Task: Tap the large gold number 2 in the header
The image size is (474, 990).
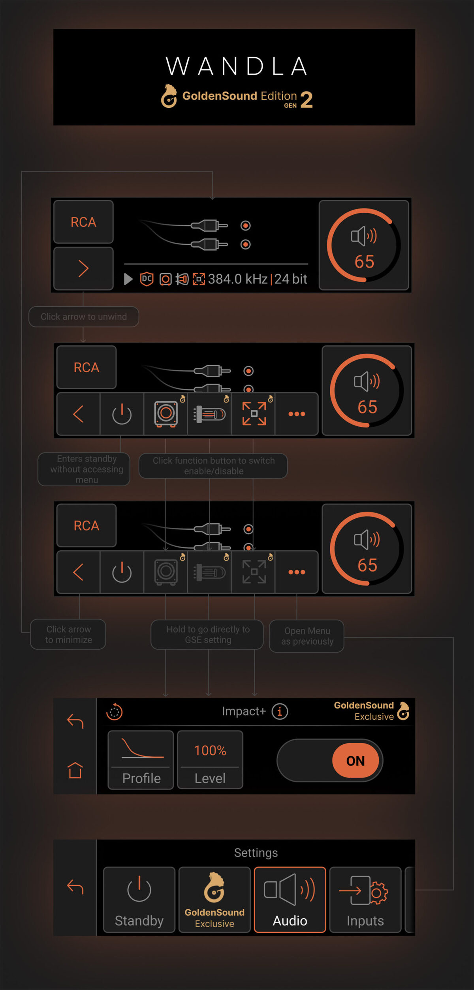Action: [307, 99]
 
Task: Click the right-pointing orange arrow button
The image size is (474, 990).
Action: [83, 269]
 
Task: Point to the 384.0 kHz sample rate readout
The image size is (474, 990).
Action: [238, 279]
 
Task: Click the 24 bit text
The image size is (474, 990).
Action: [291, 279]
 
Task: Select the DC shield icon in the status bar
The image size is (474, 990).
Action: [147, 279]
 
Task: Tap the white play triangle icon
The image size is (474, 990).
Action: [128, 279]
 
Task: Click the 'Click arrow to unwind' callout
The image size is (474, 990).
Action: [84, 317]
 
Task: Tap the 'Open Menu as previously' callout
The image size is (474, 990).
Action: [307, 636]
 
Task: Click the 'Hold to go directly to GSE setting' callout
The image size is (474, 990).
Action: [207, 634]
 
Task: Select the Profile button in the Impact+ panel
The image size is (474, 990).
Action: [141, 760]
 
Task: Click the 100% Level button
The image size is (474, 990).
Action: [210, 760]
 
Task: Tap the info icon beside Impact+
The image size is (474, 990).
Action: [280, 712]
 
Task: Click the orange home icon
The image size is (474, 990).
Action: [75, 770]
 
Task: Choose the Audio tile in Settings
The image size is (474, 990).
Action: [290, 900]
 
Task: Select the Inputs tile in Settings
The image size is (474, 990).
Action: [365, 900]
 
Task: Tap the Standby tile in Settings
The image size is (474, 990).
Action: [139, 900]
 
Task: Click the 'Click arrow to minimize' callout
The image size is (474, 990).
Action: [68, 634]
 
